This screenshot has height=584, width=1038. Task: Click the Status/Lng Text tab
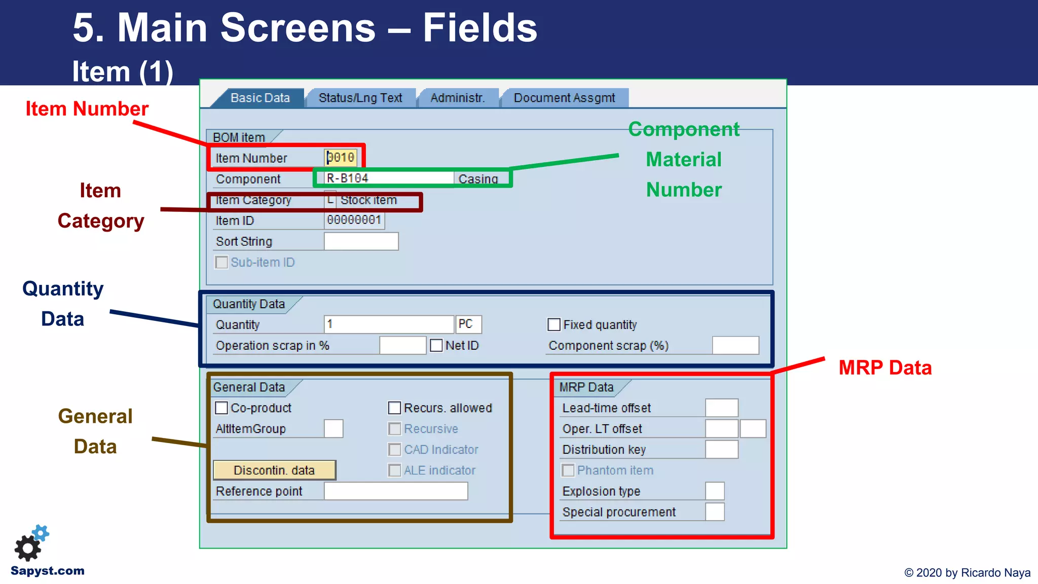pyautogui.click(x=360, y=98)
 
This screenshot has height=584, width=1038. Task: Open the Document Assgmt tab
pyautogui.click(x=564, y=98)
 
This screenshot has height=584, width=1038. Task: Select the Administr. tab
pyautogui.click(x=457, y=98)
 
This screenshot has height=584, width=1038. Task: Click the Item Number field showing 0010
pyautogui.click(x=341, y=158)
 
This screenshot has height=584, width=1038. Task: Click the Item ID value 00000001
pyautogui.click(x=354, y=220)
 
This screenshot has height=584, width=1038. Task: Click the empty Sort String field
pyautogui.click(x=361, y=241)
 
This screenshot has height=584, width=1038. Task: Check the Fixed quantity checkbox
pyautogui.click(x=554, y=324)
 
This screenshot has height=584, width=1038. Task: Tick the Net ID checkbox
pyautogui.click(x=436, y=345)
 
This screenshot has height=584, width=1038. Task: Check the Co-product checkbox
pyautogui.click(x=221, y=408)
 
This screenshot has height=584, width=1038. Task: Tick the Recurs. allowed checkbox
pyautogui.click(x=394, y=408)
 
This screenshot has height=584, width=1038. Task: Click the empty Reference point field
pyautogui.click(x=395, y=491)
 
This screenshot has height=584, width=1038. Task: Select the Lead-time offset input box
pyautogui.click(x=721, y=408)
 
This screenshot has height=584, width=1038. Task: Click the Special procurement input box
pyautogui.click(x=715, y=512)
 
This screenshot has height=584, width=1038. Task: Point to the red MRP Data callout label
pyautogui.click(x=885, y=368)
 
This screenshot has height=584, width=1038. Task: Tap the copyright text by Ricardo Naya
pyautogui.click(x=967, y=573)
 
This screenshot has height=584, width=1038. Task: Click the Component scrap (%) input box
pyautogui.click(x=735, y=345)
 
